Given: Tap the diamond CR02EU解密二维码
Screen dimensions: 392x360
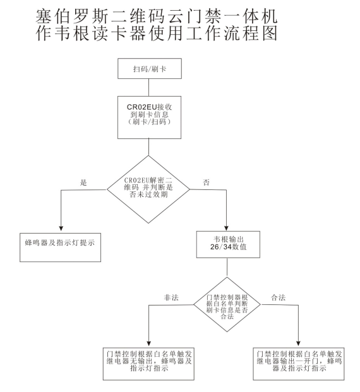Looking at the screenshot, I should coord(147,188).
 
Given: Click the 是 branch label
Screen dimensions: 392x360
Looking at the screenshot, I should coord(83,182).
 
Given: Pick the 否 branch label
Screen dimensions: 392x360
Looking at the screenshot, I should coord(206,182).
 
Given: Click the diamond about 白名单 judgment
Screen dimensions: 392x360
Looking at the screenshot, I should coord(225,306).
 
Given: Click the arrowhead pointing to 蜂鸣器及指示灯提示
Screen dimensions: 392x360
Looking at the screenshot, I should coord(60,229).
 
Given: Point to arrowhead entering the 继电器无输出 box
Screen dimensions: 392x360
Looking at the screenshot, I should coord(148,342).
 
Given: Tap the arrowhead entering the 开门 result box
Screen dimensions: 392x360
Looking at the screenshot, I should coord(299,342).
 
